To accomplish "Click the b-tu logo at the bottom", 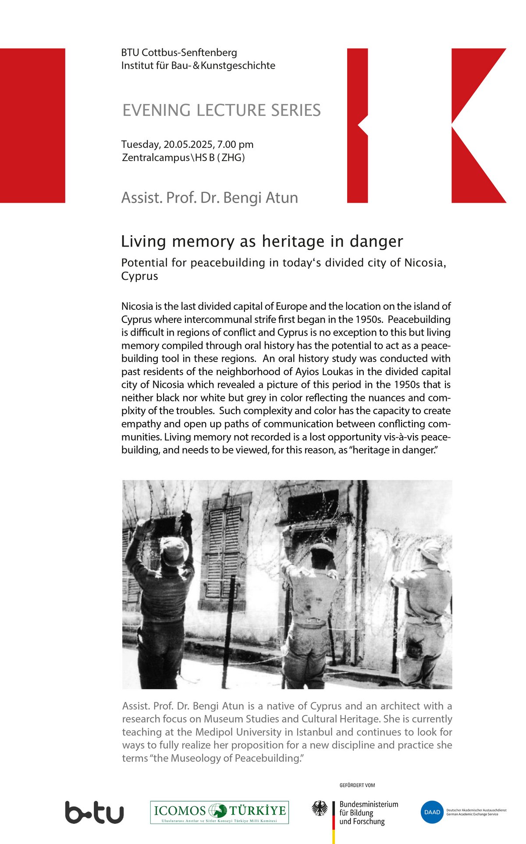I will [x=94, y=812].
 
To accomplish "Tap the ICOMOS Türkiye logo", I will [x=220, y=812].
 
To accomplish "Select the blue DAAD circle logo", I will [x=432, y=812].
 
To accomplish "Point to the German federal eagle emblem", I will [x=320, y=808].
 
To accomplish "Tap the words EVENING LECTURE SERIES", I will [x=221, y=110].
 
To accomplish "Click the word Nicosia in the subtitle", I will [x=424, y=263].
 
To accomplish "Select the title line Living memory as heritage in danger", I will [x=262, y=241].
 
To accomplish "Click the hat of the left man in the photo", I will [x=174, y=550].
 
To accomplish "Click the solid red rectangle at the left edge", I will [x=32, y=125].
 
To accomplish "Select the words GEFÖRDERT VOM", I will [x=357, y=785].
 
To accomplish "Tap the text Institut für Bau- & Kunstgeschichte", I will [x=198, y=66].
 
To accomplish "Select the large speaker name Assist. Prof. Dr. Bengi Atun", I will [x=210, y=198].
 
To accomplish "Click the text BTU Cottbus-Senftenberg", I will [x=179, y=53].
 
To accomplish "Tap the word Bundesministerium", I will [x=369, y=804].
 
